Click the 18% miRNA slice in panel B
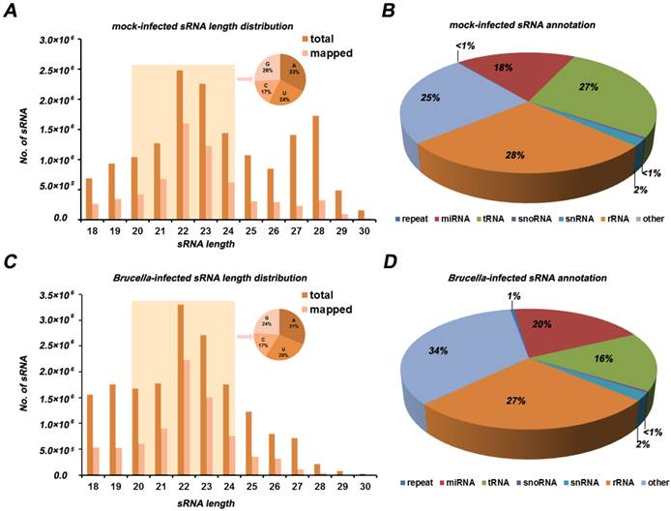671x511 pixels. pos(488,82)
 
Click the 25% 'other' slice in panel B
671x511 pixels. pos(431,111)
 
